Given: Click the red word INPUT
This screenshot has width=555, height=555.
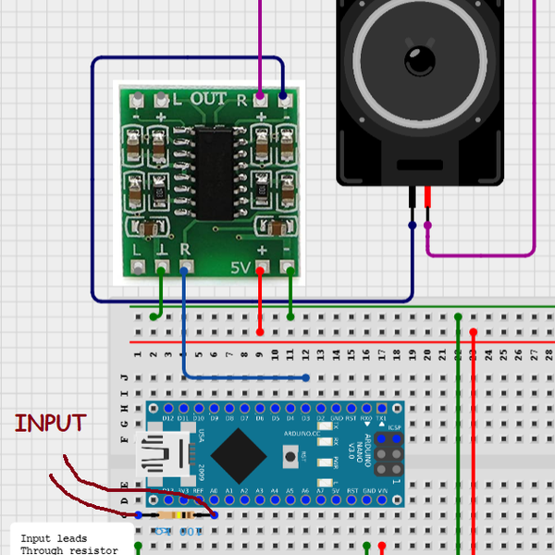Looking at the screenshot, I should [50, 424].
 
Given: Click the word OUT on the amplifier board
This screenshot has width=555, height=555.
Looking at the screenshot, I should [207, 99].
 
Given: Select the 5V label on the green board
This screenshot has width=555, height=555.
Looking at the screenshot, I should [239, 268].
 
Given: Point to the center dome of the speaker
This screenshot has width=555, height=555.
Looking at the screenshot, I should [420, 63].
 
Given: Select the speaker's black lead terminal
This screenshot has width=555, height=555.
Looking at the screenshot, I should [412, 198].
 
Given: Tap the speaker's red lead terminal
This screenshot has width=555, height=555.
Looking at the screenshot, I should [427, 198].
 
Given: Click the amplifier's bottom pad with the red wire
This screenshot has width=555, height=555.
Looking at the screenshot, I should [261, 269].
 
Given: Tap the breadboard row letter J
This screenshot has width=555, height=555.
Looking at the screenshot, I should [124, 377].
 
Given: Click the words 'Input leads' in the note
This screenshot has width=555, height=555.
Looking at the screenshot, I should [54, 538].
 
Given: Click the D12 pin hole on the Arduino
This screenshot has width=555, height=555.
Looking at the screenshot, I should [167, 408].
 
